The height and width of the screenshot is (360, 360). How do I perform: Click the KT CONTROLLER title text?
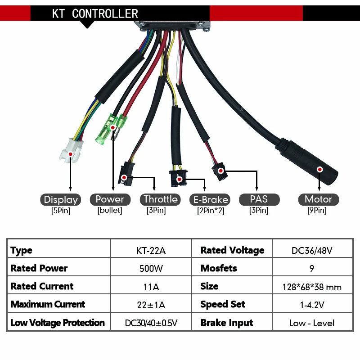pos(95,13)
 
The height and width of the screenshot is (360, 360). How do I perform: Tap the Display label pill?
pos(61,199)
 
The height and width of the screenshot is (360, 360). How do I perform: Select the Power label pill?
pos(110,199)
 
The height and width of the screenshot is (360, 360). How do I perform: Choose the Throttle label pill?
pos(160,199)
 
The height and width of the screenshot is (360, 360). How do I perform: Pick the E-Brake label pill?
pos(211,199)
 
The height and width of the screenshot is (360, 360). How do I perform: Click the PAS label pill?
pos(259,199)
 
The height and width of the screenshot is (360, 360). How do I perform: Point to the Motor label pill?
pos(318,199)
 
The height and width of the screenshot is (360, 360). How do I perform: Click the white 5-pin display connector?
pos(71,150)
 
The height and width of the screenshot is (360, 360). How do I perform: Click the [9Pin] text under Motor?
pos(318,210)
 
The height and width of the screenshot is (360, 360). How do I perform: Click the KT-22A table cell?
pos(151,251)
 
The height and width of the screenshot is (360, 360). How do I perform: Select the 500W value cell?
pos(151,269)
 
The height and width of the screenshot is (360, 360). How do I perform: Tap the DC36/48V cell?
pos(312,251)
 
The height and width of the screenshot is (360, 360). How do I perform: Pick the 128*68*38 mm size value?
pos(312,287)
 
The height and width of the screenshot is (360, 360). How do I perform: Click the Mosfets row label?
pos(219,269)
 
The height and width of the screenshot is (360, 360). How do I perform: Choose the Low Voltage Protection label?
pos(58,323)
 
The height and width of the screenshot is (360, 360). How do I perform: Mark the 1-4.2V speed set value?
pos(312,305)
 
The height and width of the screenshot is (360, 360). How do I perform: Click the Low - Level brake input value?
pos(312,323)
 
